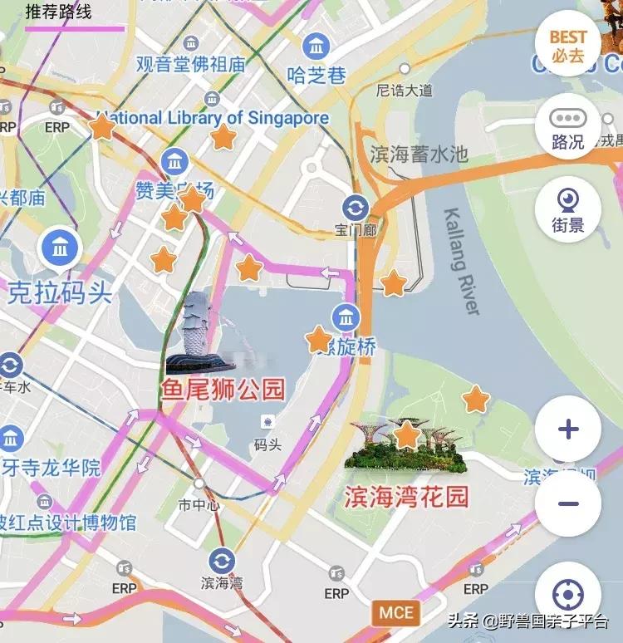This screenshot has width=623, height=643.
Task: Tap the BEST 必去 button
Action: point(568,47)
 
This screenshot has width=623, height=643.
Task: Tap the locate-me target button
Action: point(568,595)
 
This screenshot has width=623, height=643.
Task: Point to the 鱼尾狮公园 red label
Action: point(223,389)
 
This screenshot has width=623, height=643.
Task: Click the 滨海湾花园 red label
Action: point(406,497)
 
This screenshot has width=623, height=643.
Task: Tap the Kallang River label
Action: point(463,261)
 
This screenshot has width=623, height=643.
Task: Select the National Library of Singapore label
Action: point(213,118)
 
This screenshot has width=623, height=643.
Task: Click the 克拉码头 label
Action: point(60,292)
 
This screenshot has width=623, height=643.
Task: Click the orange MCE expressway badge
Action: point(395,613)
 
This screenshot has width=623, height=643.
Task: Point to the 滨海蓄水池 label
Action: point(419,155)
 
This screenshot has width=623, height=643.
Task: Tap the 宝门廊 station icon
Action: point(356,207)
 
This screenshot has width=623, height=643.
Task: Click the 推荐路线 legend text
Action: point(58,12)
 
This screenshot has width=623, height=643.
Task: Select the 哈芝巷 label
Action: point(316,76)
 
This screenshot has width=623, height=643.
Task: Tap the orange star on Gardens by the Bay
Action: point(407,434)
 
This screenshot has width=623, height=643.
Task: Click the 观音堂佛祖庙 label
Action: point(191,64)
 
